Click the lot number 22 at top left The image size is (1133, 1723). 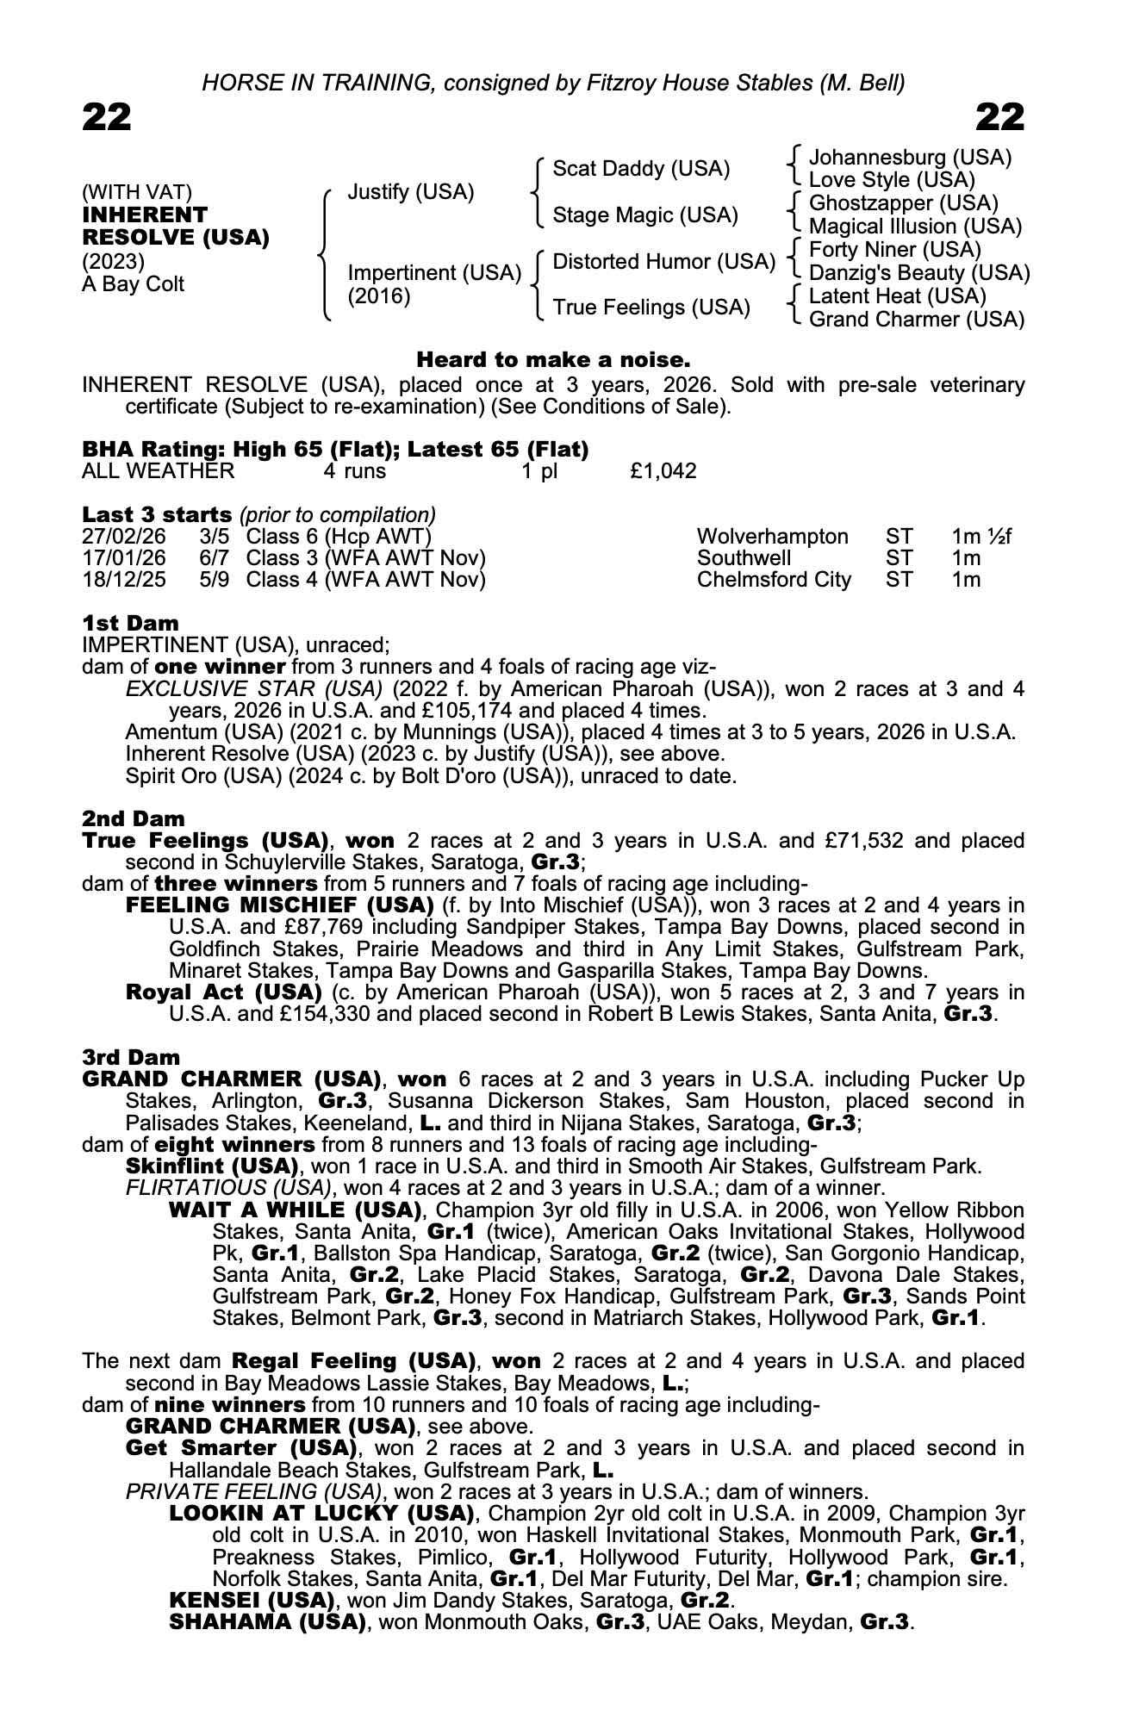107,117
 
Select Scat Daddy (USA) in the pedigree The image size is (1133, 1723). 641,169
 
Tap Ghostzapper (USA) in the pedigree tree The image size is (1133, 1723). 904,203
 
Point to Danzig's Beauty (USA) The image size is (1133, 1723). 919,273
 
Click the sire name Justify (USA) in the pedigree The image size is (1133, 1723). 410,192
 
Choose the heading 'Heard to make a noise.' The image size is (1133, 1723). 553,359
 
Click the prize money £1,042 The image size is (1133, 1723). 663,471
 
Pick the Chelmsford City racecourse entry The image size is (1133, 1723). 773,580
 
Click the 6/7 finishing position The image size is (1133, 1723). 215,558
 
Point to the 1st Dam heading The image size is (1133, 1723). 130,623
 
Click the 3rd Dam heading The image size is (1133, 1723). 131,1057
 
